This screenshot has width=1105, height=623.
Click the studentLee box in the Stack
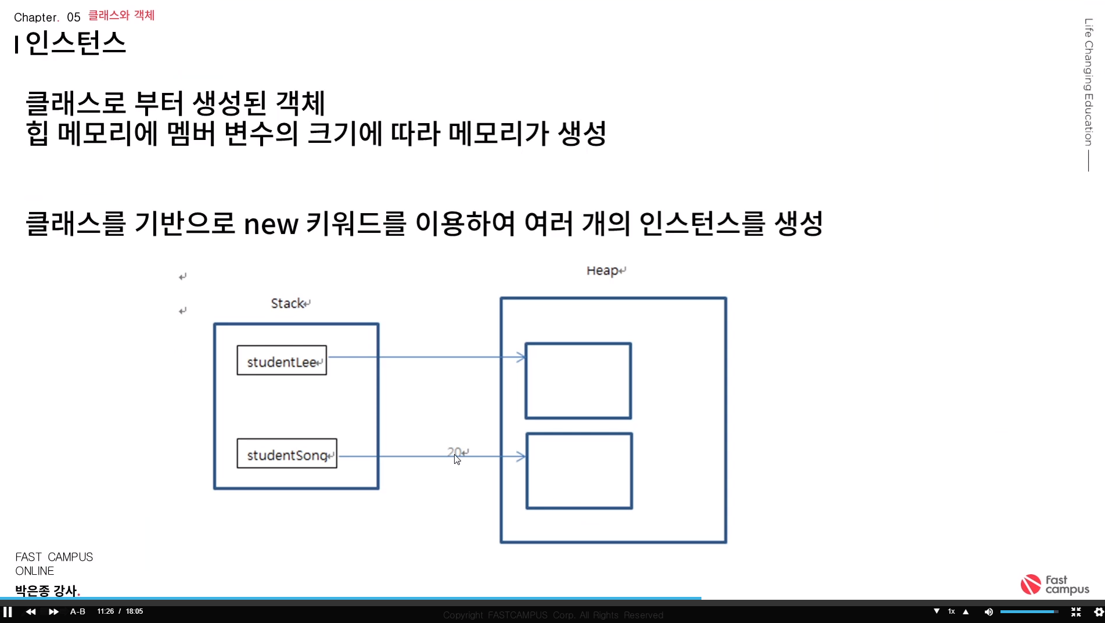[x=282, y=361]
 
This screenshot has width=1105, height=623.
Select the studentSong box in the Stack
[x=287, y=453]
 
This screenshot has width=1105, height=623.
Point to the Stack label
[x=287, y=303]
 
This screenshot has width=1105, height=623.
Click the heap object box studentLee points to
[x=578, y=381]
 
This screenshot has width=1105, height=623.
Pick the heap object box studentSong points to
[x=579, y=471]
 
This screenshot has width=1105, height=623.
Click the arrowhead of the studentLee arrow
[x=521, y=357]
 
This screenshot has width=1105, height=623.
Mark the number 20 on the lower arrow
[x=455, y=451]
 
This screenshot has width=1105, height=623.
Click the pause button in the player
[x=8, y=611]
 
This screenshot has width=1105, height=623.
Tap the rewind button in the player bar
[x=31, y=611]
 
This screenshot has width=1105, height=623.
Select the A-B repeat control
[x=78, y=611]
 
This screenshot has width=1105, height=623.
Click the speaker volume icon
[x=988, y=611]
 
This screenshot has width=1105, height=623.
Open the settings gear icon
[x=1098, y=611]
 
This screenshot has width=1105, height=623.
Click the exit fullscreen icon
[x=1075, y=611]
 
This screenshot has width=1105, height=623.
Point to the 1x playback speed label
[x=951, y=611]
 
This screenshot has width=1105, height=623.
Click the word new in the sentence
[x=271, y=224]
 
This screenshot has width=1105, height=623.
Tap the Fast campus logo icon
[x=1031, y=584]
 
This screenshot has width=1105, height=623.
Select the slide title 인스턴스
[x=75, y=43]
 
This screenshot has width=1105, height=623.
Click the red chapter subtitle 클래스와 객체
[x=121, y=15]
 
